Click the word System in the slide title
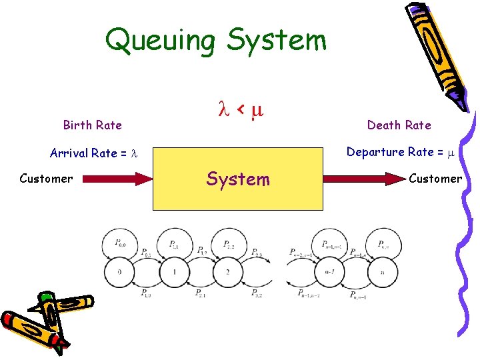276,40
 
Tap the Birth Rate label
92,125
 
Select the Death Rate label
399,125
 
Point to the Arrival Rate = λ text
93,153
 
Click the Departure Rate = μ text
399,152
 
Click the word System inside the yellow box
238,179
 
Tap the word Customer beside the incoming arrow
46,179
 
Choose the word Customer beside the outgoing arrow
435,179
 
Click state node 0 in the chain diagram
121,272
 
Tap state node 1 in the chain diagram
174,272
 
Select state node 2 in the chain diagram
229,272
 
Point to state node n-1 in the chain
327,272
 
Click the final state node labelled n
382,272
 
